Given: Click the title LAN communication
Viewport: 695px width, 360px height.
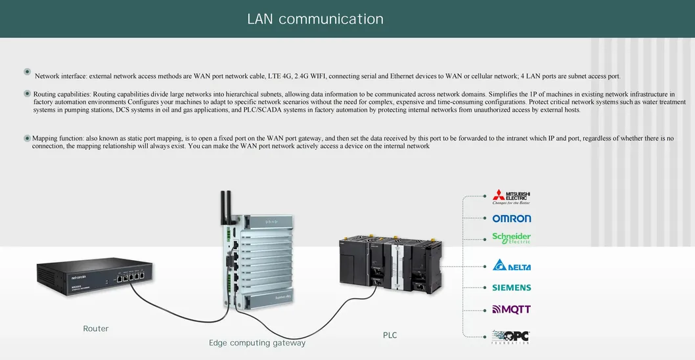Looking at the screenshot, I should pos(315,19).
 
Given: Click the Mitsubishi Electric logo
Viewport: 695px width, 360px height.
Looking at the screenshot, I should pos(511,197).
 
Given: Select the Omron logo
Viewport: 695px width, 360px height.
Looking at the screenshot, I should pos(511,218).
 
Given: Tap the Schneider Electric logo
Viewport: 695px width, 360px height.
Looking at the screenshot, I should pos(511,238).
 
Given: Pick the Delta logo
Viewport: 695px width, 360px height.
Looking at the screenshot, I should pos(511,266).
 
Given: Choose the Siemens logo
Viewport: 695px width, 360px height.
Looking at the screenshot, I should pos(511,288).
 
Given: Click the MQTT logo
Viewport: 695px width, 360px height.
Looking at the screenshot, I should pos(511,309).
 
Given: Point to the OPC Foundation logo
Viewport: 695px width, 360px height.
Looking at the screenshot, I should pos(510,337).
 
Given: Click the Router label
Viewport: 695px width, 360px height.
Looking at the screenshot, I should pos(95,328).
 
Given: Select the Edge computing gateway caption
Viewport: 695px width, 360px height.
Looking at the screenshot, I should pos(257,343).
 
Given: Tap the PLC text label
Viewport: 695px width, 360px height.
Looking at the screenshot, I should pos(390,335).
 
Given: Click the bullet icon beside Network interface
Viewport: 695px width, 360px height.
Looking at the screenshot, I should pos(27,72).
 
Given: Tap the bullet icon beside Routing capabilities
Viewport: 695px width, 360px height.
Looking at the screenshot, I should pos(27,94).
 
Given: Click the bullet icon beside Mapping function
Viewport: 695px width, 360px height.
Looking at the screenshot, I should pos(27,138).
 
